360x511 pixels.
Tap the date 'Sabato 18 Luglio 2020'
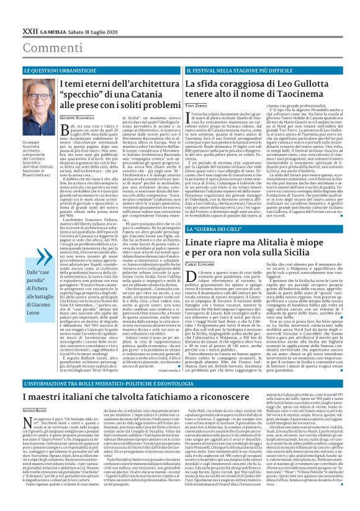79,12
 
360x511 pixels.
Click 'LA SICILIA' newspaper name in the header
47,12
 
